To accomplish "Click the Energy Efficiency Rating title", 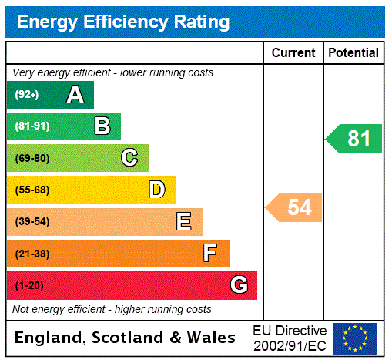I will coord(123,22).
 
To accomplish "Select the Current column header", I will coord(293,52).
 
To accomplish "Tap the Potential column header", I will coord(353,52).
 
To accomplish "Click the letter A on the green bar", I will coord(75,95).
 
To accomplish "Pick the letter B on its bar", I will coord(102,126).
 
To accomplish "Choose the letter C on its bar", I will coord(129,158).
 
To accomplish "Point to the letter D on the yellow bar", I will coord(157,190).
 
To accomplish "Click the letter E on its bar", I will coord(184,222).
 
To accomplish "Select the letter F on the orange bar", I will coord(210,253).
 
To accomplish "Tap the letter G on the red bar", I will coord(240,285).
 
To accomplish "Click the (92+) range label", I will coord(27,95).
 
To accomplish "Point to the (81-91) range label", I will coord(32,126).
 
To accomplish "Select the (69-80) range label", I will coord(32,158).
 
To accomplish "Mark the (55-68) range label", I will coord(32,190).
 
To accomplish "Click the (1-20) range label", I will coord(29,285).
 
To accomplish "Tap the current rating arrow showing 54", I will coord(295,207).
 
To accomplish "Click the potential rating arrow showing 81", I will coord(355,139).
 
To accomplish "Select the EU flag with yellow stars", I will coord(355,338).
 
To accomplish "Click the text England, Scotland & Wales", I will coord(126,338).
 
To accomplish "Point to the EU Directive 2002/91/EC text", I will coord(290,338).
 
